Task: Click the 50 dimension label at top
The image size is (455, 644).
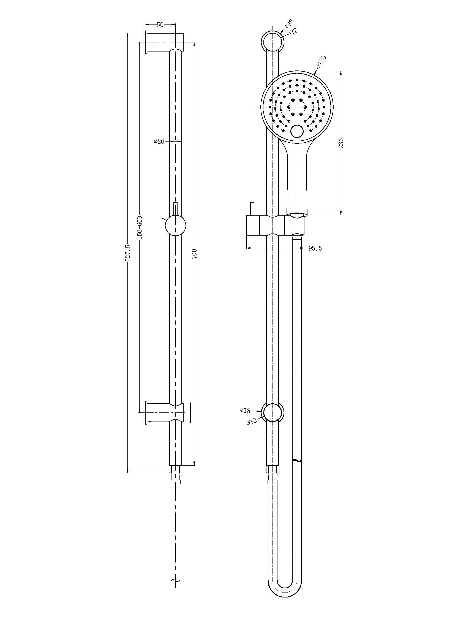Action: tap(160, 25)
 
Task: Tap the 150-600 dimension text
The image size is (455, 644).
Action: tap(140, 227)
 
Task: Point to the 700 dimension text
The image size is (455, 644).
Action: tap(195, 253)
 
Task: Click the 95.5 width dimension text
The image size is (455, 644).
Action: tap(315, 248)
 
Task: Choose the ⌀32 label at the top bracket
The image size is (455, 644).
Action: tap(292, 32)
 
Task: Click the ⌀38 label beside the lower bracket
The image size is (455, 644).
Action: tap(245, 410)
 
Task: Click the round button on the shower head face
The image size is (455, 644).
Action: tap(297, 131)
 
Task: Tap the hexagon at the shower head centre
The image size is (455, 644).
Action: tap(297, 107)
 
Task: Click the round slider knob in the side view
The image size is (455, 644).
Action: tap(176, 226)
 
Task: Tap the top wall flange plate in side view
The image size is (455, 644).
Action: tap(146, 42)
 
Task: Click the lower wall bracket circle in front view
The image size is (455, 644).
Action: tap(273, 413)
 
